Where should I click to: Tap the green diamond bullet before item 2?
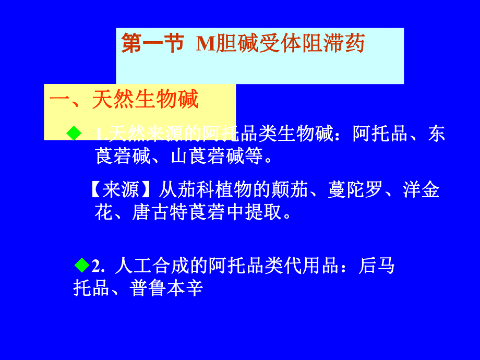82,266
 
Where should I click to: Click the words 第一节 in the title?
152,44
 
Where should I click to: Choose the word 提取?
263,212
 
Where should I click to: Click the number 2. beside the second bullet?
99,267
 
